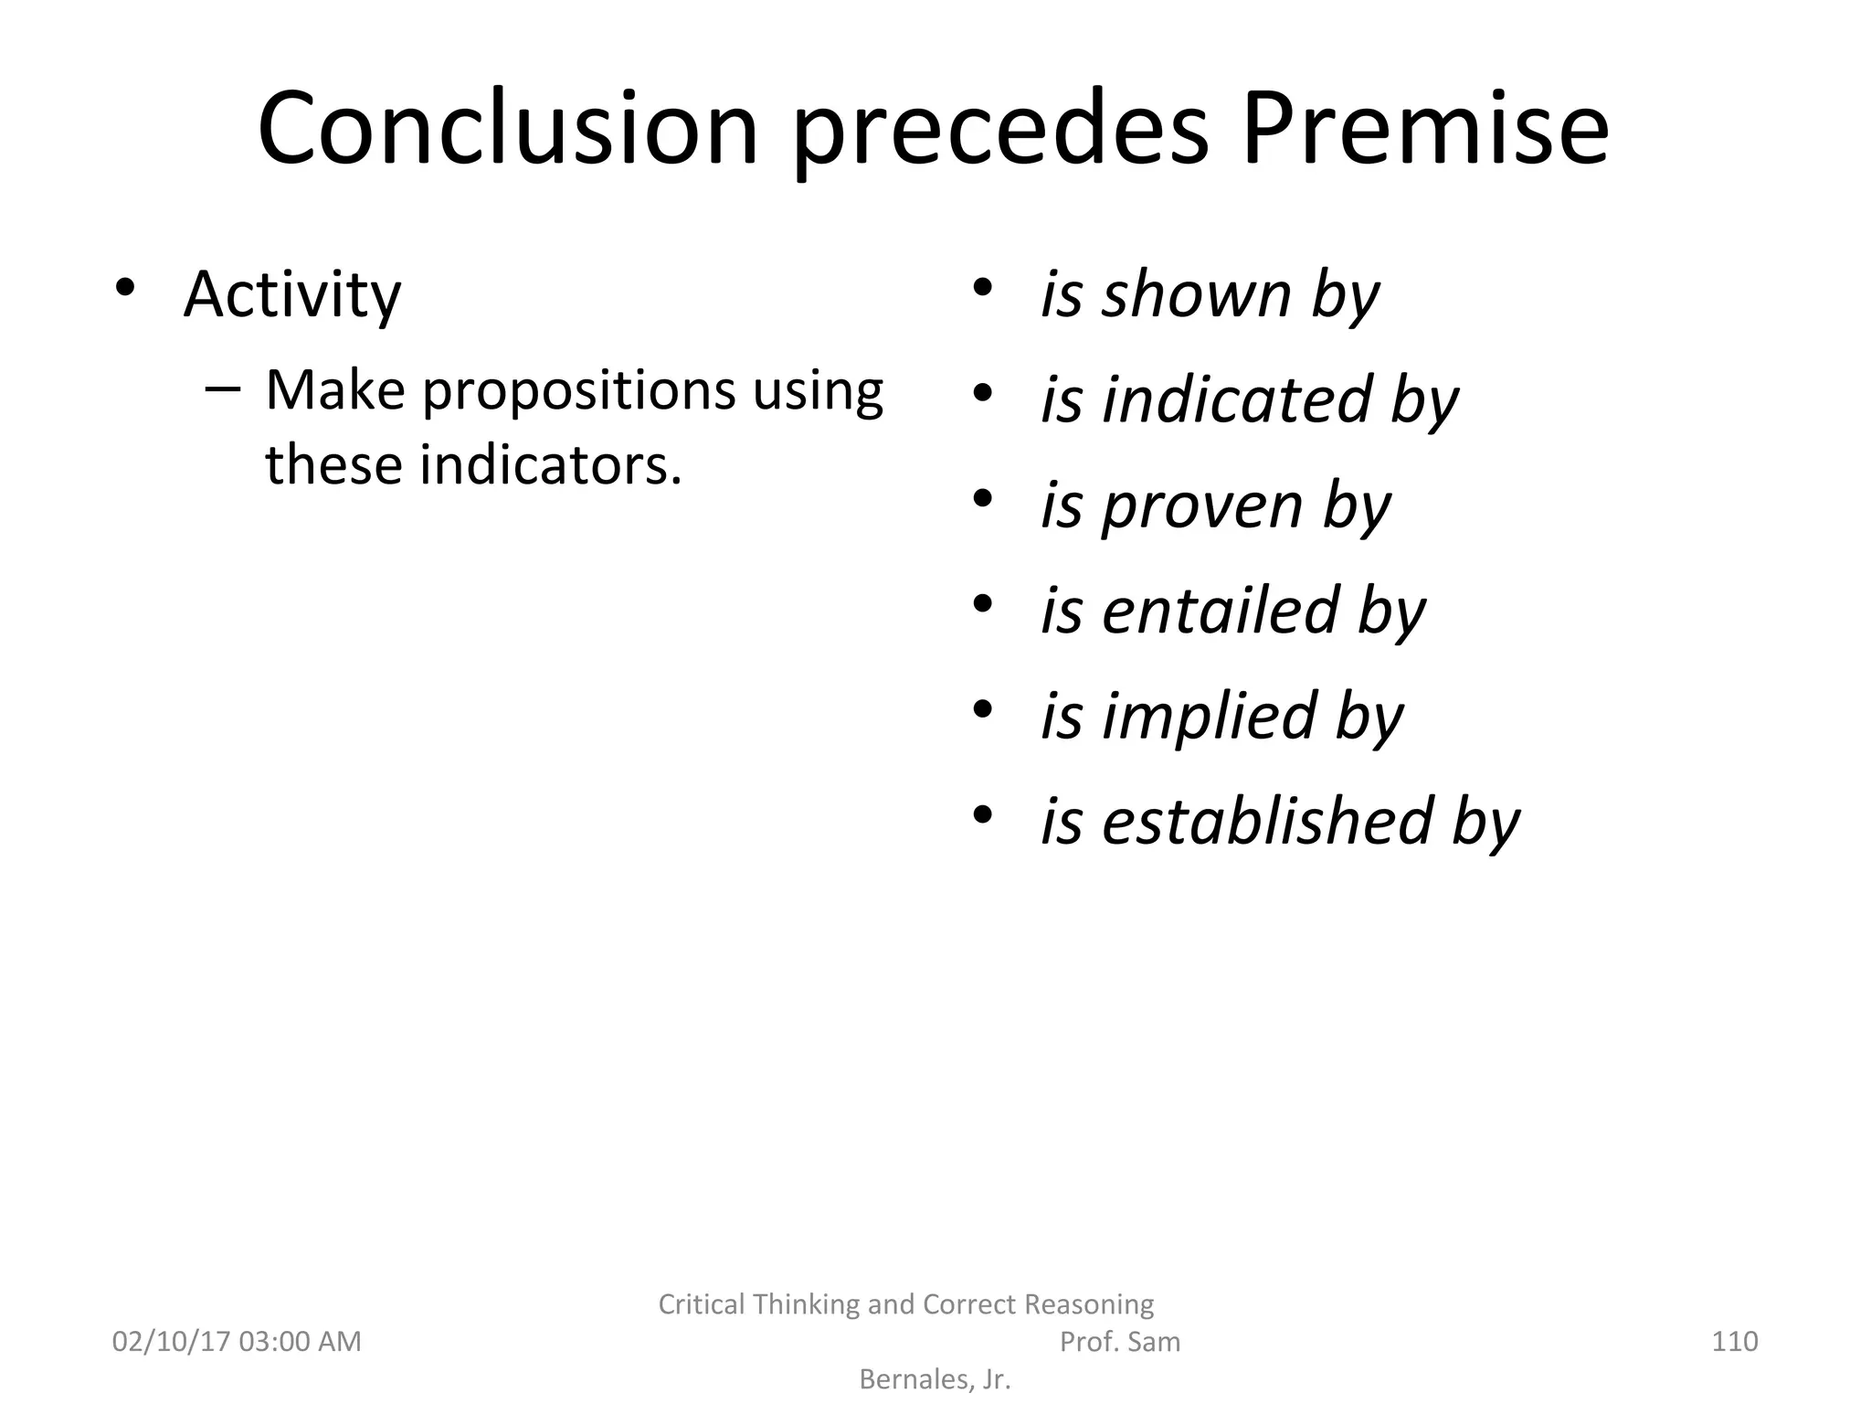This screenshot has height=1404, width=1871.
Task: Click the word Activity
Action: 292,295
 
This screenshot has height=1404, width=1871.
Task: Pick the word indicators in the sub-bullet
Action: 550,464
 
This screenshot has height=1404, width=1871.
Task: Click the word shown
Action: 1196,294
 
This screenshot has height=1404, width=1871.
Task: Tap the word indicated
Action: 1236,399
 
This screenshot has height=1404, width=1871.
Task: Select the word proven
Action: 1201,505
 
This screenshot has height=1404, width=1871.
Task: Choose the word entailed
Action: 1220,611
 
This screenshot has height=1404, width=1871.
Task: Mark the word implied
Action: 1209,716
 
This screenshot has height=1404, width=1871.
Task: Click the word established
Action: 1266,821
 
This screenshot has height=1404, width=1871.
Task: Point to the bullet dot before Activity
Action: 125,288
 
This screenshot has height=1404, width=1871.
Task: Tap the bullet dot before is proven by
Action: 982,498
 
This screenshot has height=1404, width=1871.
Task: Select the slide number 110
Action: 1734,1342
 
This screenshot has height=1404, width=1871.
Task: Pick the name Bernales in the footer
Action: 914,1379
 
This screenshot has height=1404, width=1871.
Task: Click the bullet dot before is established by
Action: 982,814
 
